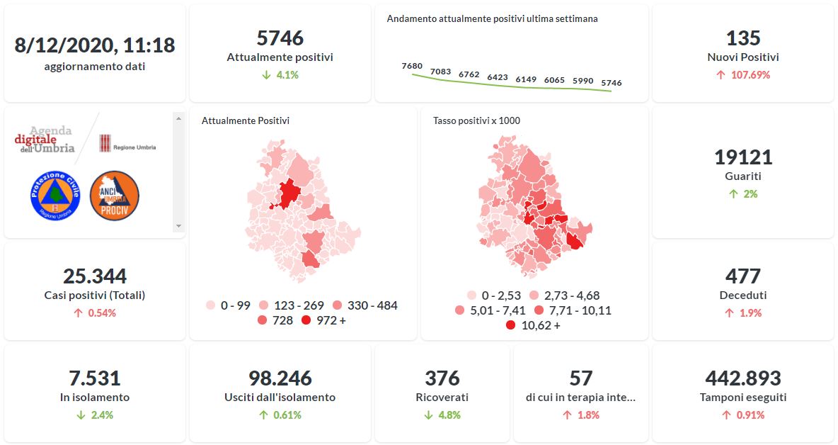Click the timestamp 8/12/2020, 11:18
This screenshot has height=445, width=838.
pyautogui.click(x=95, y=45)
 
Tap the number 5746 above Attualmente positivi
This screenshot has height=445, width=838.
pyautogui.click(x=280, y=38)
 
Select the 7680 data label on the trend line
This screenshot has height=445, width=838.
pyautogui.click(x=411, y=66)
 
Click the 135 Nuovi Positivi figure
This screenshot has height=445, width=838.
pyautogui.click(x=742, y=38)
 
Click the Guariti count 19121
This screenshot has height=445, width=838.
pyautogui.click(x=742, y=157)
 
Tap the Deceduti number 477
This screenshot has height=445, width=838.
pyautogui.click(x=742, y=276)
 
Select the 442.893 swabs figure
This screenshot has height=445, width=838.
pyautogui.click(x=742, y=378)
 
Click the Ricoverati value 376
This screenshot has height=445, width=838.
pyautogui.click(x=442, y=378)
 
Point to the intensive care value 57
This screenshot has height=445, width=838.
pyautogui.click(x=580, y=378)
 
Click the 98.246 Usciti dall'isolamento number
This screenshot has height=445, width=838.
pyautogui.click(x=280, y=378)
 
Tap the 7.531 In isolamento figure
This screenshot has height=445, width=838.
pyautogui.click(x=95, y=378)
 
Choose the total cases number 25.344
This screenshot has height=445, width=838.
pyautogui.click(x=95, y=276)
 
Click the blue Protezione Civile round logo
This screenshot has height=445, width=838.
pyautogui.click(x=55, y=195)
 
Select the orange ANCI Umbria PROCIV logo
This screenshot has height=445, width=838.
pyautogui.click(x=114, y=195)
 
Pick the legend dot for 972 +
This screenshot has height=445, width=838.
pyautogui.click(x=306, y=321)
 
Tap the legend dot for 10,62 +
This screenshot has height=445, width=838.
pyautogui.click(x=510, y=326)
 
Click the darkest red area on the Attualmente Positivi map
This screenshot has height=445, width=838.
pyautogui.click(x=288, y=193)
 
